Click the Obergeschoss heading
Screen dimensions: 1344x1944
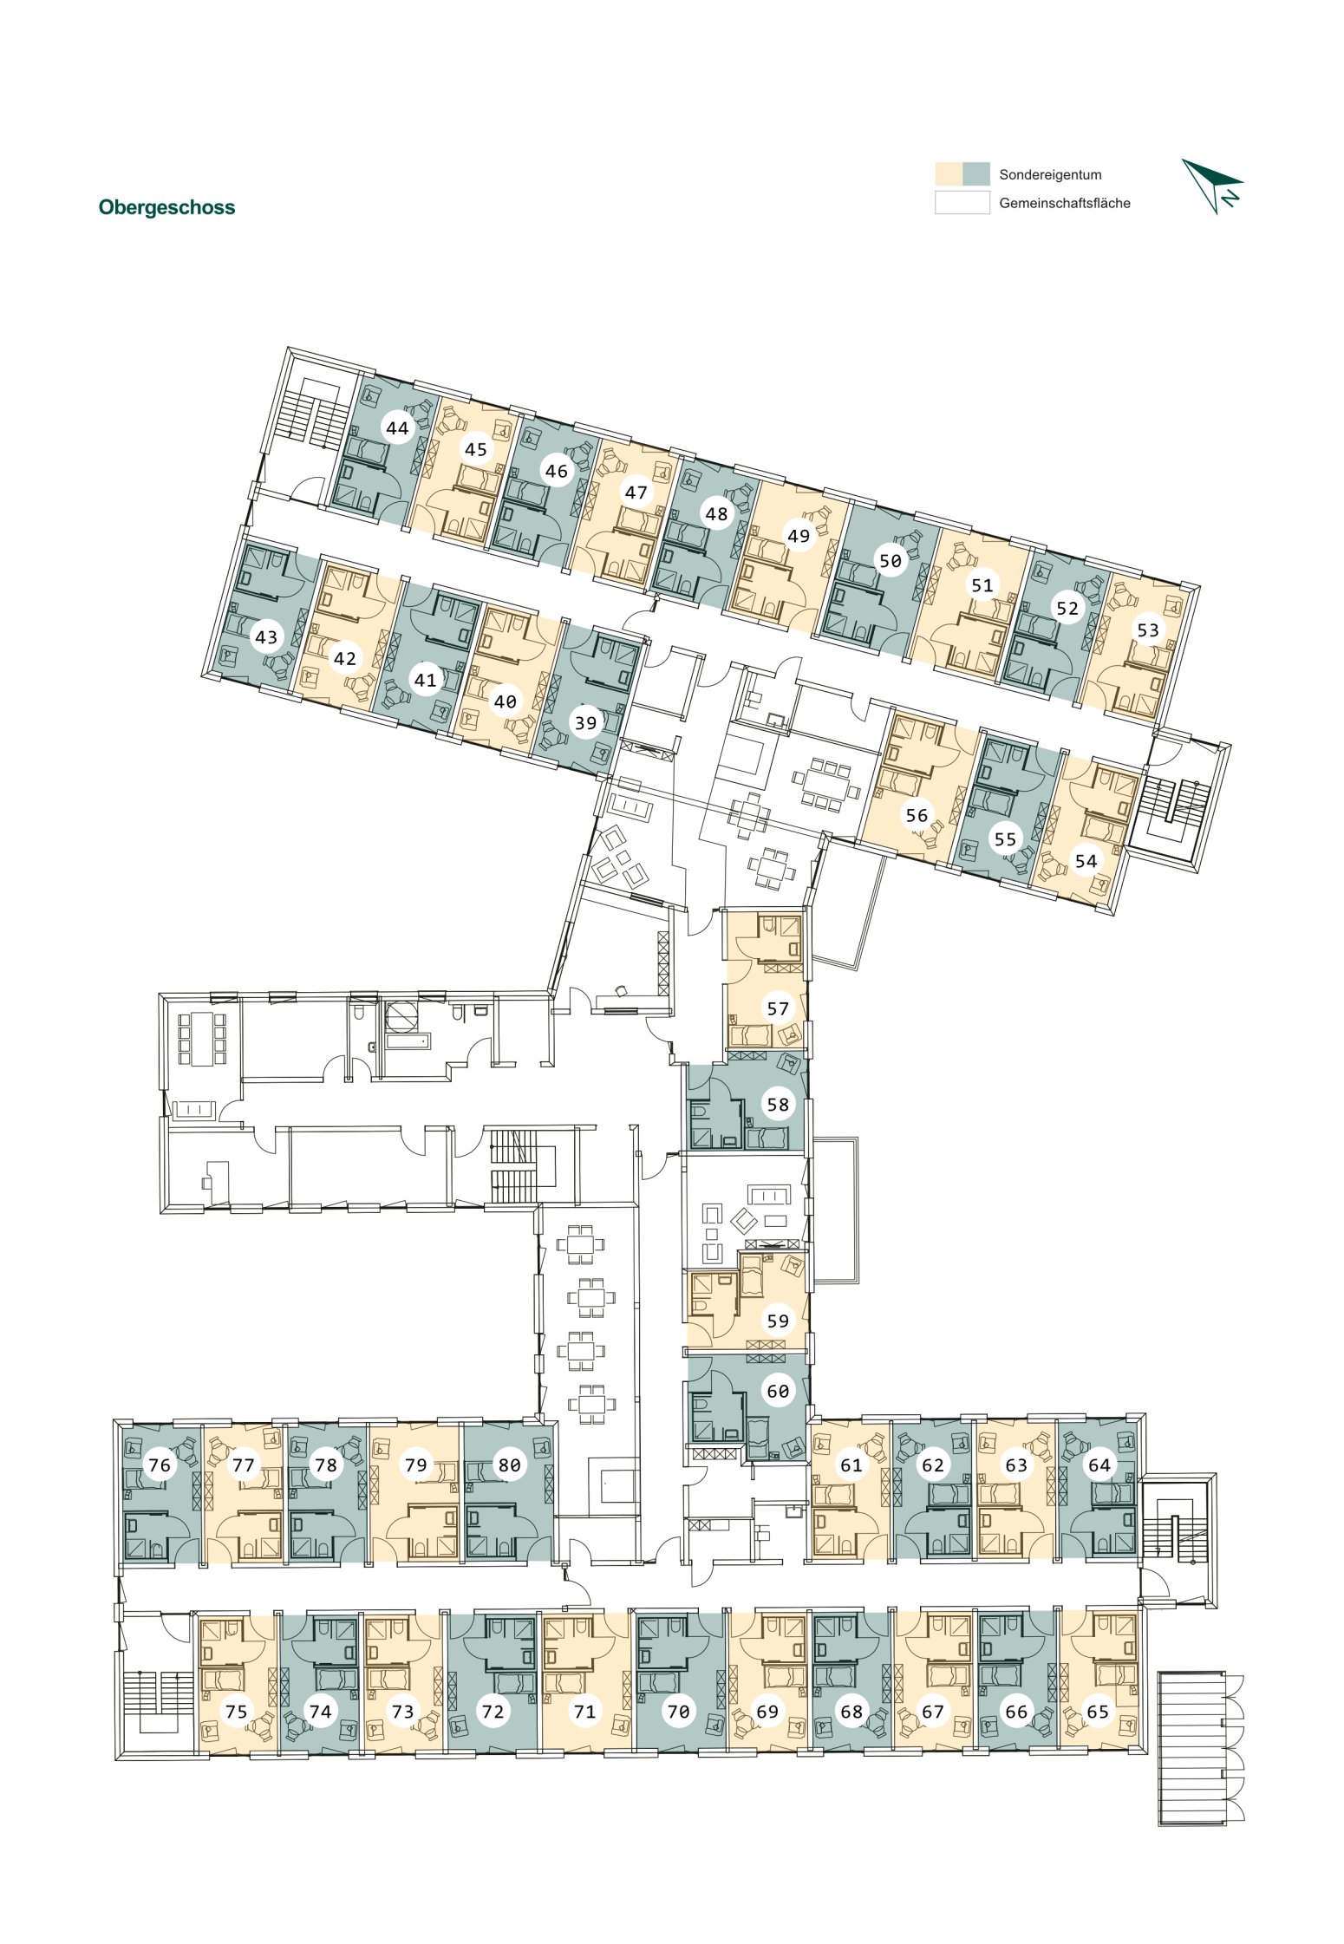coord(166,207)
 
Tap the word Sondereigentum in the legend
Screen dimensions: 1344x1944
coord(1050,174)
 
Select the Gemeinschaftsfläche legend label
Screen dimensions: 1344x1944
coord(1065,203)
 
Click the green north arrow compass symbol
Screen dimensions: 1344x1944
coord(1212,186)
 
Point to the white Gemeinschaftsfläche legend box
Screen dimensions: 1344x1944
coord(962,202)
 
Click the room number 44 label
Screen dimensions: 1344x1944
coord(397,427)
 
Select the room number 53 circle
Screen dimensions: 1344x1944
coord(1148,630)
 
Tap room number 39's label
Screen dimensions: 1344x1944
coord(586,722)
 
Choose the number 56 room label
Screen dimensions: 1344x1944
coord(917,815)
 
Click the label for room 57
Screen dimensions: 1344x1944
coord(778,1008)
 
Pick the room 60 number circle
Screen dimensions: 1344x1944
coord(778,1391)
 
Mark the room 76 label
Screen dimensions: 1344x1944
coord(160,1465)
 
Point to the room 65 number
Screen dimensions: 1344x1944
coord(1098,1712)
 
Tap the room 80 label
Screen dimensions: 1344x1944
coord(509,1465)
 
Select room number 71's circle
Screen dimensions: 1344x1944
coord(585,1712)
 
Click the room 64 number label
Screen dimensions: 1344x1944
coord(1099,1465)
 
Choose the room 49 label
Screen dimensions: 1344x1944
coord(799,536)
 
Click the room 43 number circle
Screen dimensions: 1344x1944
coord(266,637)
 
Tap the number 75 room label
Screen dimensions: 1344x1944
coord(236,1712)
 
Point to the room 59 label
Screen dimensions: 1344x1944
coord(778,1321)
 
